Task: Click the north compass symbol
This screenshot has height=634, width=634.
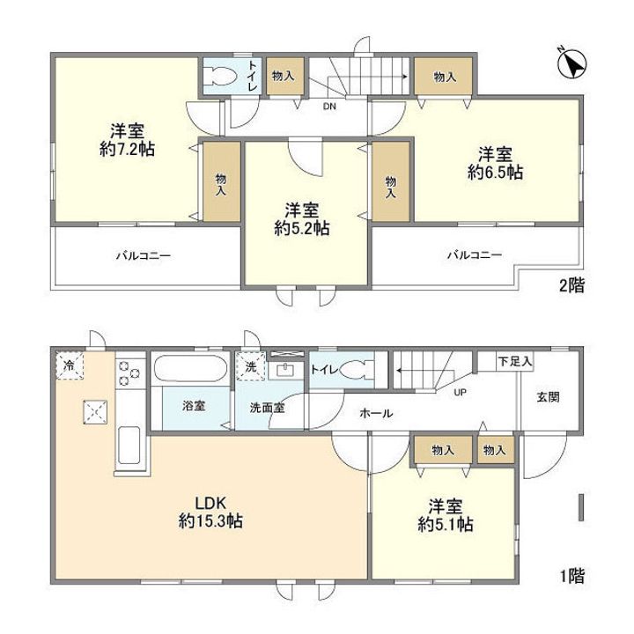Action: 572,64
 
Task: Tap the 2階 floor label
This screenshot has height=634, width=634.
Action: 571,285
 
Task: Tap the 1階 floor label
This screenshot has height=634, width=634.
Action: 572,576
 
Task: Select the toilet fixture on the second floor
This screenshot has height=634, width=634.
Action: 221,76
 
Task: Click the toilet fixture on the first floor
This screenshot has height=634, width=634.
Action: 357,369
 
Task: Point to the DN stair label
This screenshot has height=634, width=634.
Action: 329,107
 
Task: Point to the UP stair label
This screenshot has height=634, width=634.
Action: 461,392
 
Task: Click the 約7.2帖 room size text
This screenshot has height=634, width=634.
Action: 127,149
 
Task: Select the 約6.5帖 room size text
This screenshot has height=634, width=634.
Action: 495,173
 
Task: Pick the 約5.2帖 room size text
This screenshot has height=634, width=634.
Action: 302,228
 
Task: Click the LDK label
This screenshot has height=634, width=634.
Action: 210,504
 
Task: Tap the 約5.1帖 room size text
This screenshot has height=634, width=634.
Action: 446,525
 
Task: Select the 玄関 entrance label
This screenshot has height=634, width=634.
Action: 548,397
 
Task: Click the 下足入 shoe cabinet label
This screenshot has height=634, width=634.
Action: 514,361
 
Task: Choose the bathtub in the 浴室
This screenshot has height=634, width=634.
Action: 191,368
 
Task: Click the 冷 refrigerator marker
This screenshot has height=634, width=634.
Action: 70,366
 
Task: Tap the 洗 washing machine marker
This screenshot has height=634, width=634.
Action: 251,366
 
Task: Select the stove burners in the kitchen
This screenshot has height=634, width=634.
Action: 129,372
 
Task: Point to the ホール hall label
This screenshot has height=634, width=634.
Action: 376,413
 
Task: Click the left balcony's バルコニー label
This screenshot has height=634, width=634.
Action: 144,255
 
